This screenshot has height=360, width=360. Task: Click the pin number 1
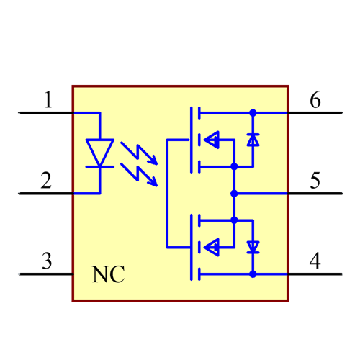pos(48,99)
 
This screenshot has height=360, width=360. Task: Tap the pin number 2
pos(46,180)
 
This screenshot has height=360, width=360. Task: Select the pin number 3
pos(46,261)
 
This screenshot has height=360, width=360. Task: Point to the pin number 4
pos(315,261)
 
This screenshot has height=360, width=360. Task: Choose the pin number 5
pos(315,180)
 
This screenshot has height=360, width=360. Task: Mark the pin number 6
pos(315,99)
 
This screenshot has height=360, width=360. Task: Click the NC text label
pos(108,274)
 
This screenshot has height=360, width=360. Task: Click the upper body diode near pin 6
pos(252,140)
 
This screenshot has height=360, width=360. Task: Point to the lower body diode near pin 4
pos(252,247)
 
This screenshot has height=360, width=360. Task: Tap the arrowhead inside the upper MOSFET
pos(212,140)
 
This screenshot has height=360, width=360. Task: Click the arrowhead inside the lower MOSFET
pos(212,247)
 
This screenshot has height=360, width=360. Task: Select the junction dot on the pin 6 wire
pos(252,113)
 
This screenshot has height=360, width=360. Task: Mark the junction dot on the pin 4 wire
pos(252,274)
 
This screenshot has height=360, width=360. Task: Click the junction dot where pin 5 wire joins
pos(234,193)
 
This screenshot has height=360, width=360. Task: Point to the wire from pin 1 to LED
pos(86,113)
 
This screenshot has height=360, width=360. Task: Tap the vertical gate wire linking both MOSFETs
pos(167,193)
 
